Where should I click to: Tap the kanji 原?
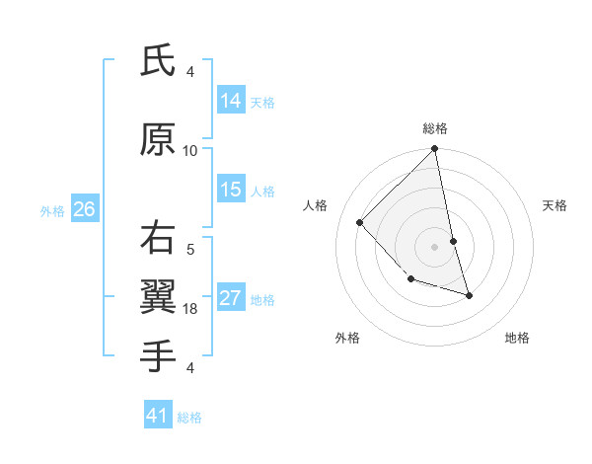158,141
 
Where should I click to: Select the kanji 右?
158,238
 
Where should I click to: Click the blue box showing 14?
231,101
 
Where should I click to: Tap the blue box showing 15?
231,190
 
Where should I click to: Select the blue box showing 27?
231,298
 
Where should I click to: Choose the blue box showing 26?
84,209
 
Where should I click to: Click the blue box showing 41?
158,416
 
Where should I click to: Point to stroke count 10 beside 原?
190,150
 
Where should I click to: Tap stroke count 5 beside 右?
190,249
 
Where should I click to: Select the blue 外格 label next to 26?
52,210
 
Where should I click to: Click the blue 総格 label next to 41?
189,418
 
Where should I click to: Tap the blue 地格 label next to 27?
263,300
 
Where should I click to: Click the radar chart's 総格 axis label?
435,128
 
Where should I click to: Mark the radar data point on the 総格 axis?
435,150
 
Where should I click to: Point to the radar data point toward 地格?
469,295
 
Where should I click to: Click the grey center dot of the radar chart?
435,247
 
